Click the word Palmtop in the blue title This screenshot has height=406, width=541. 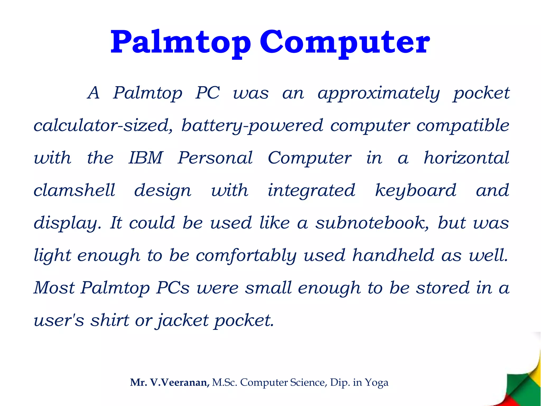[x=180, y=42]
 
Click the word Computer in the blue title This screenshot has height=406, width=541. [x=345, y=42]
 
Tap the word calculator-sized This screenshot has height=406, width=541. [x=103, y=126]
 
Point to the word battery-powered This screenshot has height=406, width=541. [x=252, y=126]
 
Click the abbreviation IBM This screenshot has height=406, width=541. [x=146, y=158]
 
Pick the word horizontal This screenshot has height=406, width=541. [x=466, y=158]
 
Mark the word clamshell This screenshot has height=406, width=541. [x=74, y=190]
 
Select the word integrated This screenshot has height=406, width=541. [x=311, y=190]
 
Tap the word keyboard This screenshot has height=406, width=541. [x=416, y=190]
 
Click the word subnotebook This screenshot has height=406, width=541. [x=372, y=223]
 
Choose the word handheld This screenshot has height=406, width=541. [x=393, y=255]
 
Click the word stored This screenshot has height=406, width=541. [x=443, y=288]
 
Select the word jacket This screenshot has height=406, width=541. [x=183, y=321]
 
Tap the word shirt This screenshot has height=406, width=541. [x=110, y=320]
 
